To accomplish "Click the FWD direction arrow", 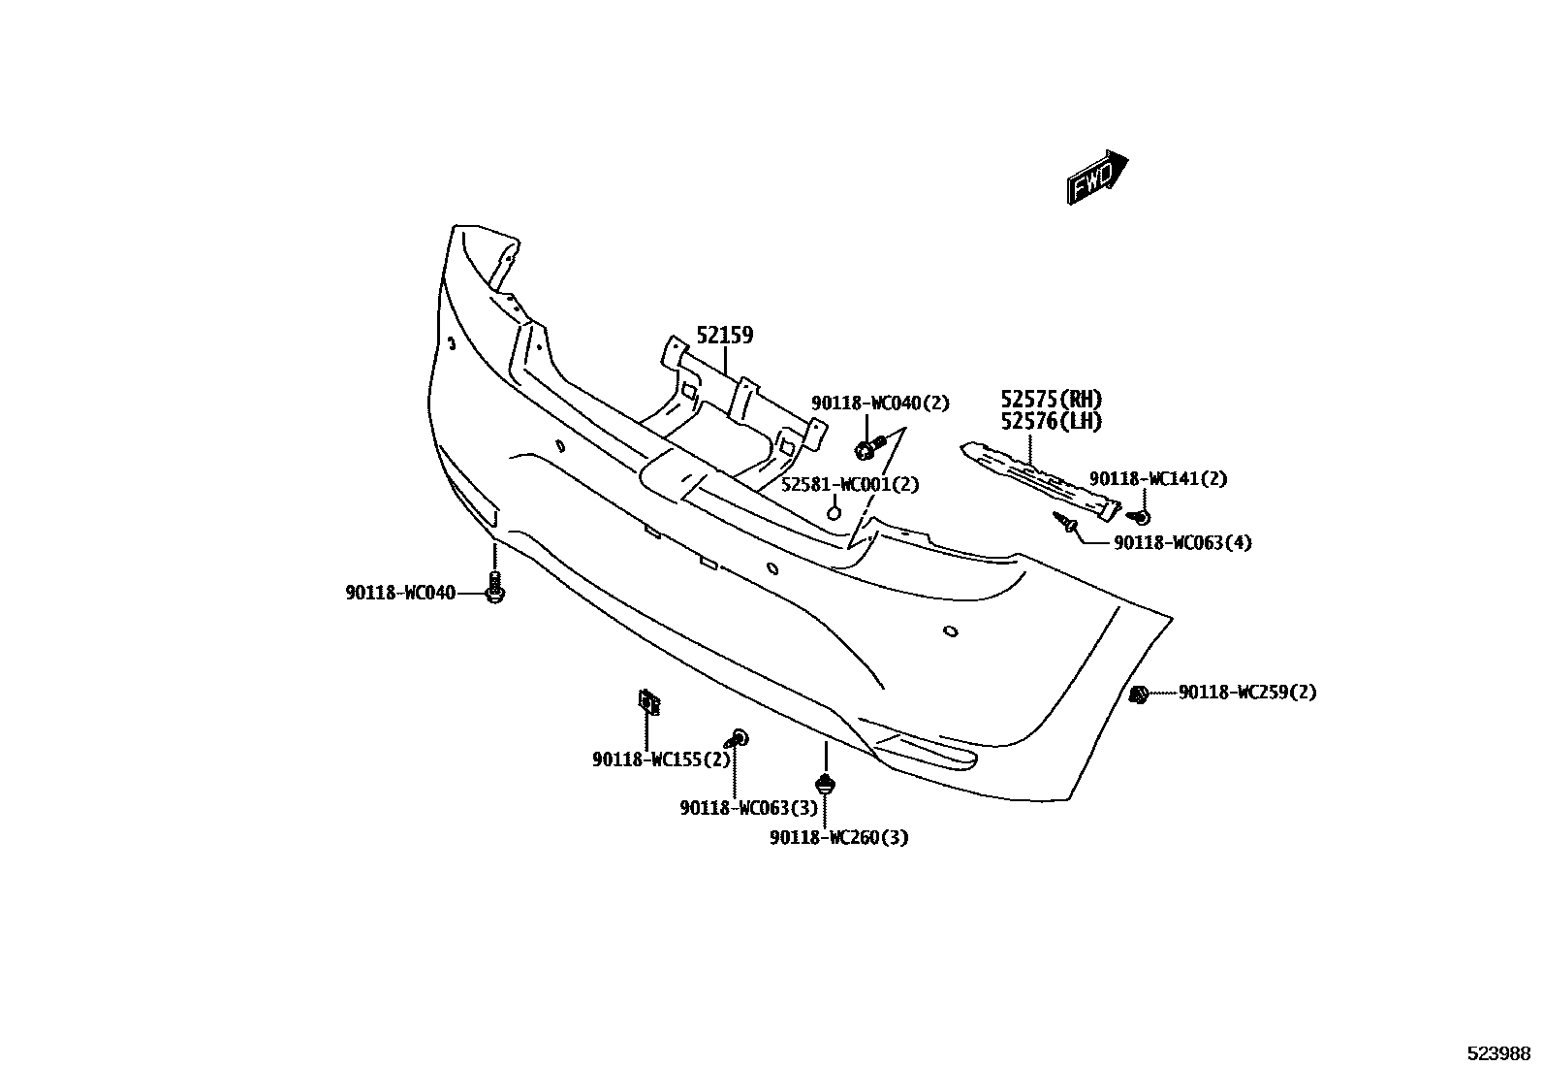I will (1097, 178).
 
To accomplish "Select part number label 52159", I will (725, 336).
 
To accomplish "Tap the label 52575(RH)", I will (1052, 400).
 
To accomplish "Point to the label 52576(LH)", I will (1052, 421).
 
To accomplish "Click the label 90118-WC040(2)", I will (880, 404).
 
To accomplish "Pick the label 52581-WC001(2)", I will (850, 484).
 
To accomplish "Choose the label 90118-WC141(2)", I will (1157, 479).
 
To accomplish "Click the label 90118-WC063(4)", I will (1182, 543).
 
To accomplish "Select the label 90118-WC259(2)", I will (1247, 693).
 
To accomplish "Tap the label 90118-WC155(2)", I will (661, 759).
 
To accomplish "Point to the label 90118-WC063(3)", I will (748, 808).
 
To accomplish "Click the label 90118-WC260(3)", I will (839, 837).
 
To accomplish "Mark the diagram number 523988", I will (1497, 1052).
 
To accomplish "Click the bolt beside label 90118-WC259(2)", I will (1140, 694).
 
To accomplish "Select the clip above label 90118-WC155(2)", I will (647, 699).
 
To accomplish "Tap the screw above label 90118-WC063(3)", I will (739, 738).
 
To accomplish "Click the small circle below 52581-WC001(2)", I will (833, 511).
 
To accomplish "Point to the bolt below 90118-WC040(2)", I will (868, 448).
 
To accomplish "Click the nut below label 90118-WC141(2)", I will (1142, 515).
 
